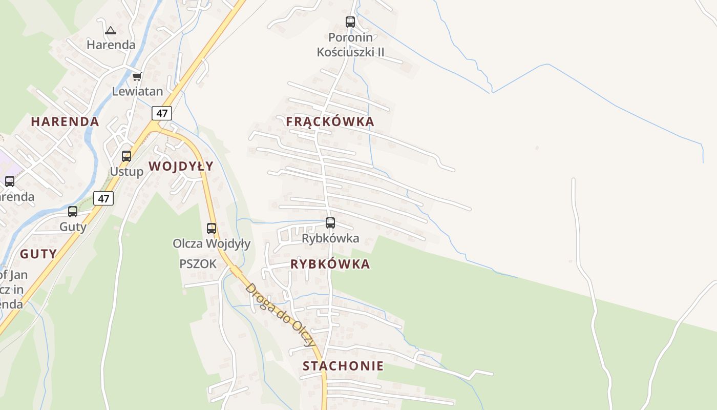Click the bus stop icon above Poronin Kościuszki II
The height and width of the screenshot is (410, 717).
pos(350,22)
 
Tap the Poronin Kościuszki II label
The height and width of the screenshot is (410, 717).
pos(351,45)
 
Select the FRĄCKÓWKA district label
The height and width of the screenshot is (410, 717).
pos(330,122)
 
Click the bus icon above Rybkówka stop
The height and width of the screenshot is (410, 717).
pos(330,223)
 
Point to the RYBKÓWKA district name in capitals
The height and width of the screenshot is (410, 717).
pos(330,264)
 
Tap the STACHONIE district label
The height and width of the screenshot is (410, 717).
pos(343,366)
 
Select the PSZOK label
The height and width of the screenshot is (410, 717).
pos(198,264)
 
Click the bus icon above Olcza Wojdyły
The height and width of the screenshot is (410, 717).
pos(212,229)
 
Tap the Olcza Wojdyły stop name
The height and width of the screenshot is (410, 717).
pos(212,243)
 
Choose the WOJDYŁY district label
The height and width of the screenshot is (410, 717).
pos(181,166)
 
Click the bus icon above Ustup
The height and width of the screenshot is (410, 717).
pos(126,156)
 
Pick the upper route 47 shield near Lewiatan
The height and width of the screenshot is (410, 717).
pos(162,113)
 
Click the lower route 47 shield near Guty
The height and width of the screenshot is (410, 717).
pos(103,198)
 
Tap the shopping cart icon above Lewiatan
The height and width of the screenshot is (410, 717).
pos(137,77)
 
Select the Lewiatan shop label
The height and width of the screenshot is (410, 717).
pos(138,92)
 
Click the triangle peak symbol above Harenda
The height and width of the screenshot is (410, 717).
pos(111,30)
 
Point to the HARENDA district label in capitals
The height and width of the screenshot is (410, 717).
pos(65,122)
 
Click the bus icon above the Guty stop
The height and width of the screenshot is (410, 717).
pos(73,212)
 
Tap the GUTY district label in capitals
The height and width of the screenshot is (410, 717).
pos(38,254)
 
